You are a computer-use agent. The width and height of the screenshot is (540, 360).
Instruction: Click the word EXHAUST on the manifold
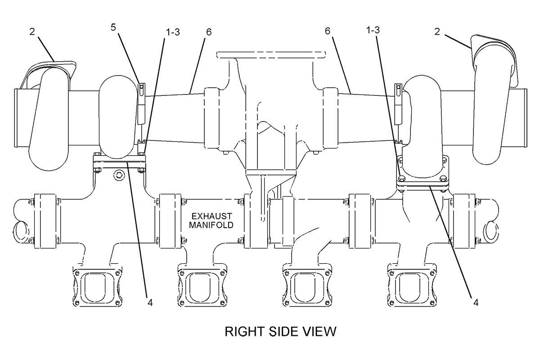tap(211, 216)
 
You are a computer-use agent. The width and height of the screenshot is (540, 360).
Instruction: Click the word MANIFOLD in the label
tap(211, 225)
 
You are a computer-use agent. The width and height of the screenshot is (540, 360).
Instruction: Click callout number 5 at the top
tap(113, 27)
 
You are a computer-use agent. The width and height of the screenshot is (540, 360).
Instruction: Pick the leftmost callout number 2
tap(32, 31)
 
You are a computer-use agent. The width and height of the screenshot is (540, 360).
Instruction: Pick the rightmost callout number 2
tap(437, 31)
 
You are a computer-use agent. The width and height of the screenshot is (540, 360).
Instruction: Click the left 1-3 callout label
tap(173, 32)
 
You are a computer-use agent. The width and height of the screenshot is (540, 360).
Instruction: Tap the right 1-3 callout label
tap(373, 30)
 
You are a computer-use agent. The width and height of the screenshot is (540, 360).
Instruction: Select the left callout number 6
tap(209, 32)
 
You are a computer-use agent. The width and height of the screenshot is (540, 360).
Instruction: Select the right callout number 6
tap(328, 31)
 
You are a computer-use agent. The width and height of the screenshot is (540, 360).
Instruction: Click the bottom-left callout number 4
tap(150, 302)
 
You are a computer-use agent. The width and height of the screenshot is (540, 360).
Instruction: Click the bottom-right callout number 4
tap(476, 302)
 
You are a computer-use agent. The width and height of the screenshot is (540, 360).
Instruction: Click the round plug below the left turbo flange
tap(119, 175)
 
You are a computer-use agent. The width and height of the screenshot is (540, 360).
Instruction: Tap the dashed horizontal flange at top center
tap(271, 55)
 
